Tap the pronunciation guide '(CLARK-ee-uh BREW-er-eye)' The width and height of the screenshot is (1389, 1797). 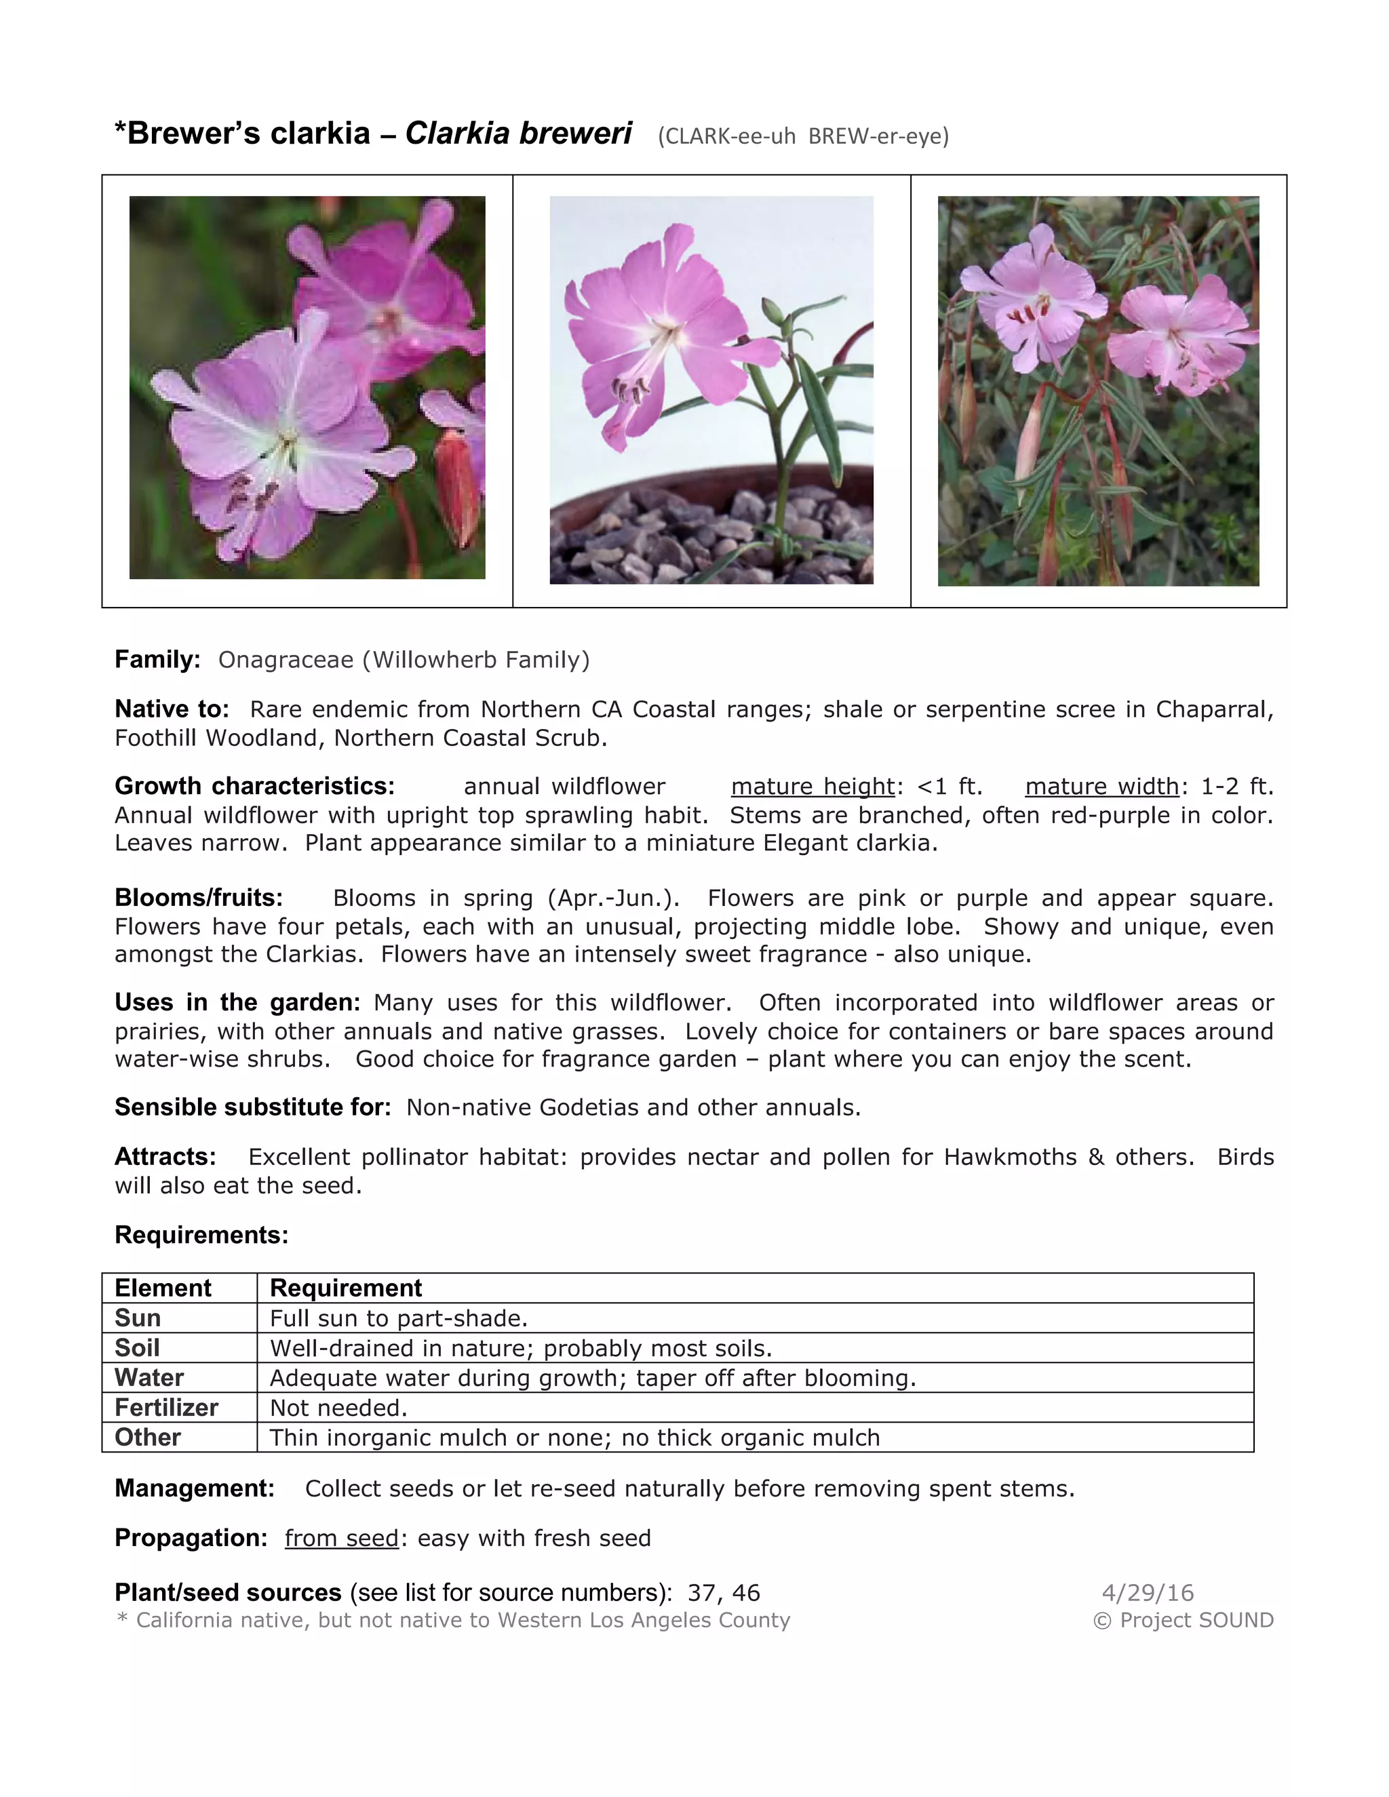[803, 136]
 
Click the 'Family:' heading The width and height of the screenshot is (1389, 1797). [157, 660]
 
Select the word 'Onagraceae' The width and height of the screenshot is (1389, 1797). [286, 660]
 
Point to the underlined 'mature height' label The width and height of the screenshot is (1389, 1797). [812, 787]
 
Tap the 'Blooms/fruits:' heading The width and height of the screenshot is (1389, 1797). [198, 898]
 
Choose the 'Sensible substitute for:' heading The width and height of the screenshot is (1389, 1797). [252, 1107]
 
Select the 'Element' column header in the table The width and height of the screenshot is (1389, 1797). [163, 1288]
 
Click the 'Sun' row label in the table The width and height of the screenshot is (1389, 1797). [138, 1318]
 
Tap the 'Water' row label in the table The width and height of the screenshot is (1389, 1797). [149, 1377]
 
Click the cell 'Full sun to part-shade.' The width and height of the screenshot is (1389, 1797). [398, 1318]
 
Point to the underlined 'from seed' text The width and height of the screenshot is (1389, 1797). [342, 1538]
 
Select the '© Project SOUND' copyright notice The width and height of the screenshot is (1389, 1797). [1182, 1620]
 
